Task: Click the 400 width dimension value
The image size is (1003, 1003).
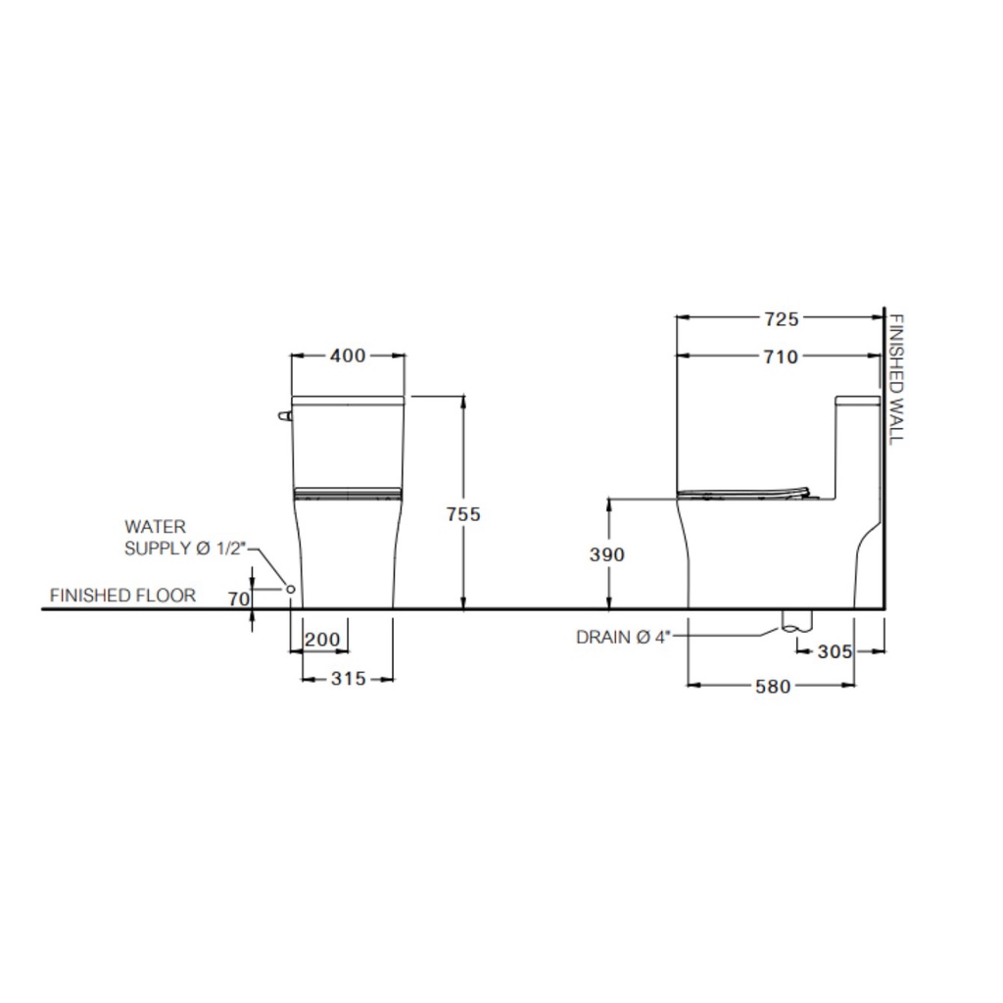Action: pos(348,356)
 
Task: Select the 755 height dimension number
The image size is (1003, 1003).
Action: pos(463,514)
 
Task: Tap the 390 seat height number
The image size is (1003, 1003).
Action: pos(607,554)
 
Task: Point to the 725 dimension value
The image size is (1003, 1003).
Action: pos(782,318)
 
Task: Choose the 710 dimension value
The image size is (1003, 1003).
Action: pos(781,357)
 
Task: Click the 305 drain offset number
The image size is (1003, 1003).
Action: pos(835,651)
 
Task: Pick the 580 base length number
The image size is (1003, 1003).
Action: pos(773,687)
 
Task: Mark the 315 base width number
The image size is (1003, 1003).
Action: pos(349,679)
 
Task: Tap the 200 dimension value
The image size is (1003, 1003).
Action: pos(322,640)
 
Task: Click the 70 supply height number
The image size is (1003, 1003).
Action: pos(239,599)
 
